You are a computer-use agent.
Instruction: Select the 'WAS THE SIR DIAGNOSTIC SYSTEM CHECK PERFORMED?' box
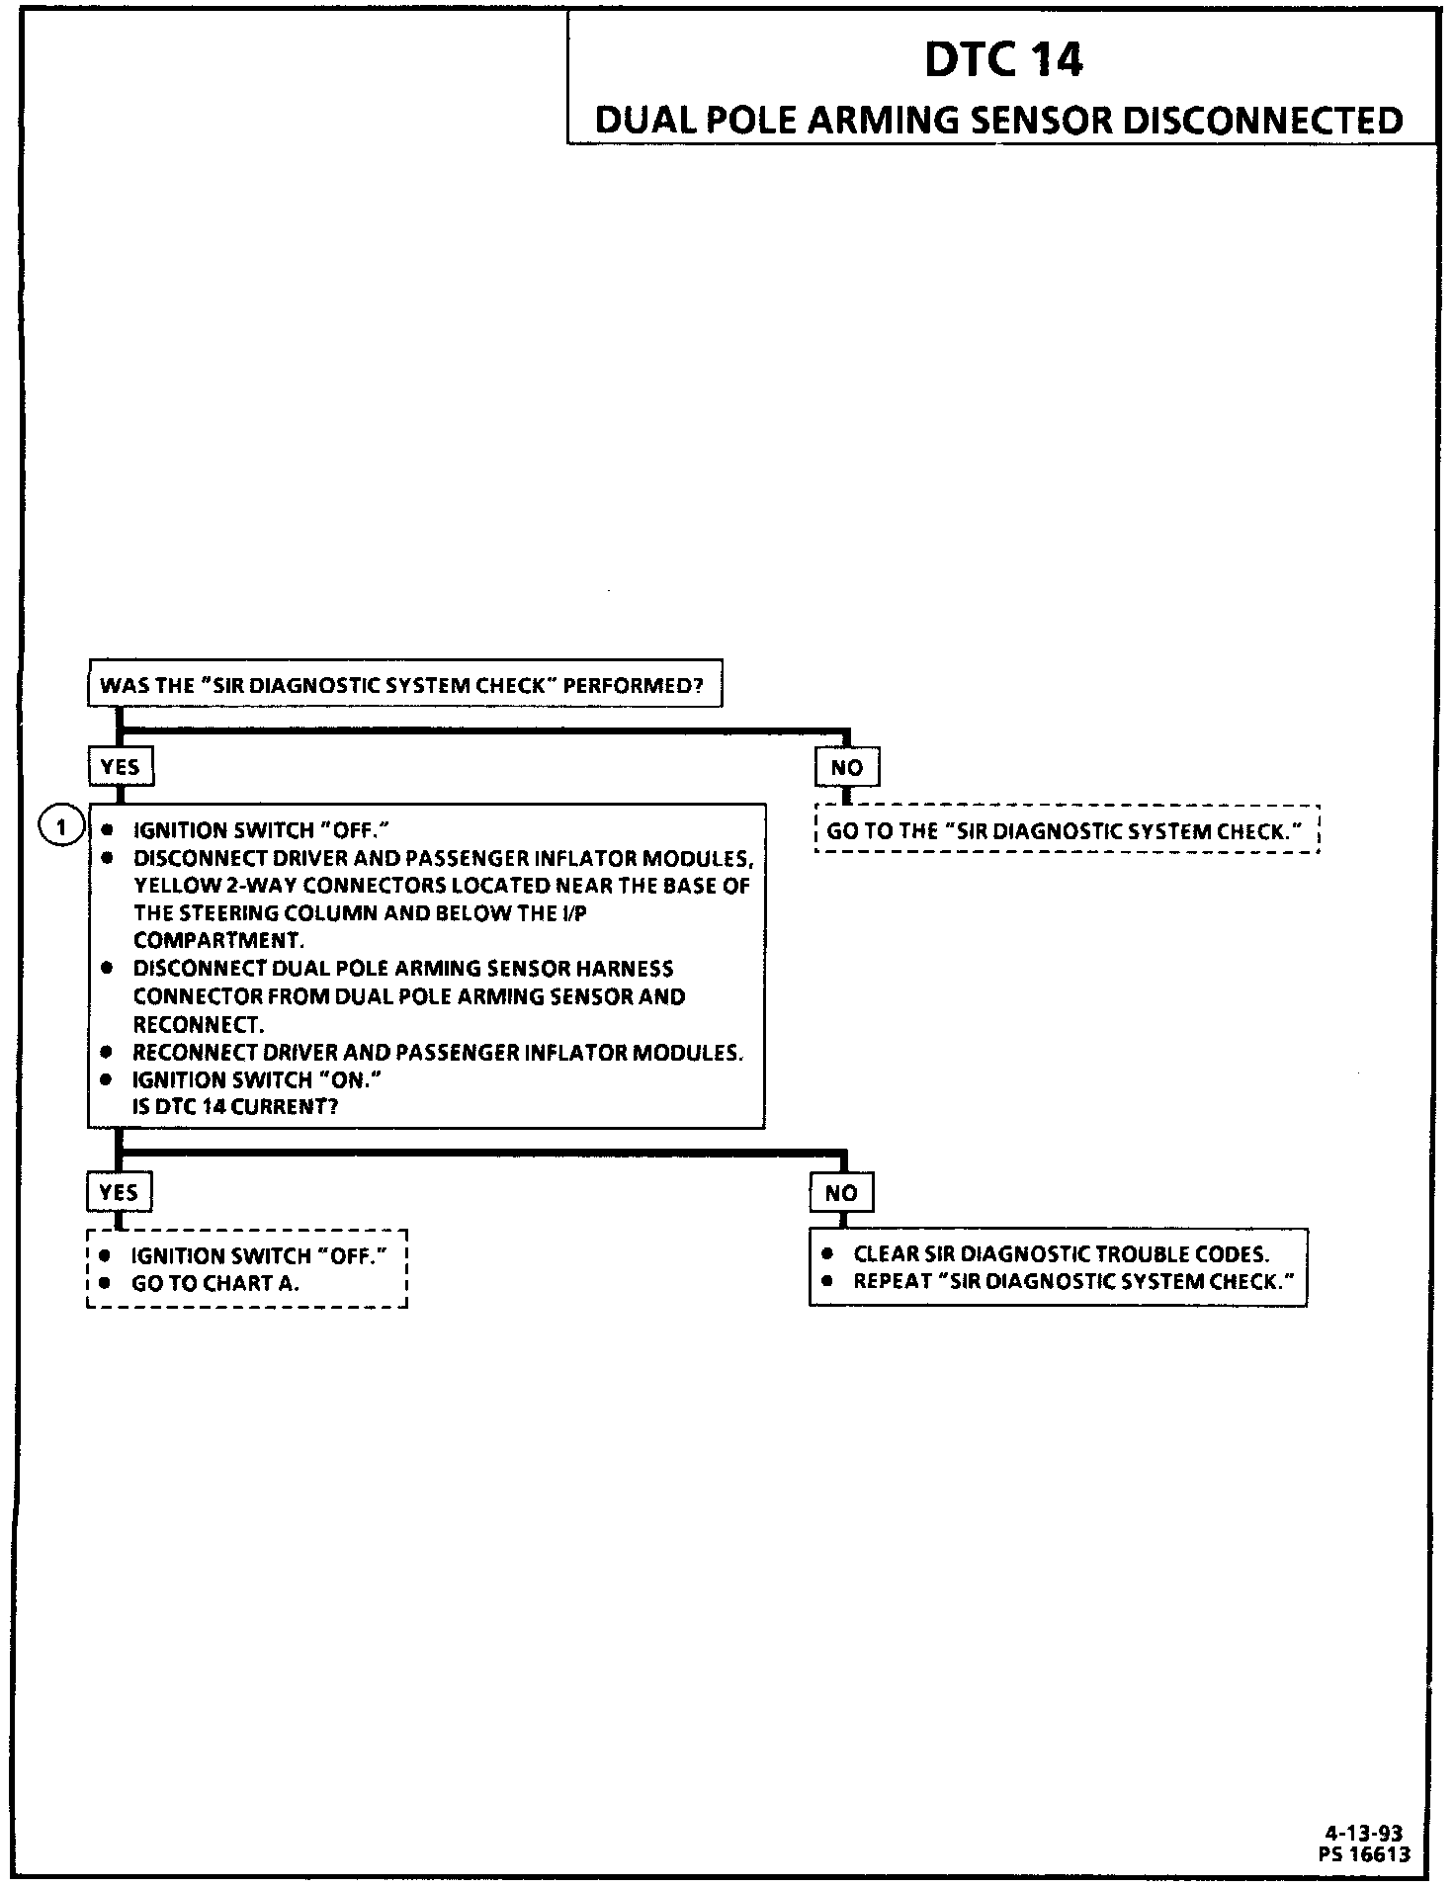point(404,684)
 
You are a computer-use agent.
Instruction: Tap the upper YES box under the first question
point(121,766)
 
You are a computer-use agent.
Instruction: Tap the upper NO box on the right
point(846,767)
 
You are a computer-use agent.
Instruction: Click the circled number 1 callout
point(61,826)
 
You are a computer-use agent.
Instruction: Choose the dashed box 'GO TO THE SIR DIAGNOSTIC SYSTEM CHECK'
point(1067,830)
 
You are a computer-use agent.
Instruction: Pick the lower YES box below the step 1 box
point(119,1192)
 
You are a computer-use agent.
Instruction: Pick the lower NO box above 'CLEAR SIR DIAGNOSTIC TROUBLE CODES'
point(841,1193)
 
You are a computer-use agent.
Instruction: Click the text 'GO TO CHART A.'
point(215,1283)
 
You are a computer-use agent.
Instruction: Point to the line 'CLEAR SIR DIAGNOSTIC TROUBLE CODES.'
point(1061,1253)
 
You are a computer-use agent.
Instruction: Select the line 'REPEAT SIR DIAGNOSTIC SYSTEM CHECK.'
point(1073,1281)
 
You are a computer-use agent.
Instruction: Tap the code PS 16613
point(1364,1854)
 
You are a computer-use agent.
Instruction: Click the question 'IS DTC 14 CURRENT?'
point(235,1106)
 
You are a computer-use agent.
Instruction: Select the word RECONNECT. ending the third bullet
point(199,1024)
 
